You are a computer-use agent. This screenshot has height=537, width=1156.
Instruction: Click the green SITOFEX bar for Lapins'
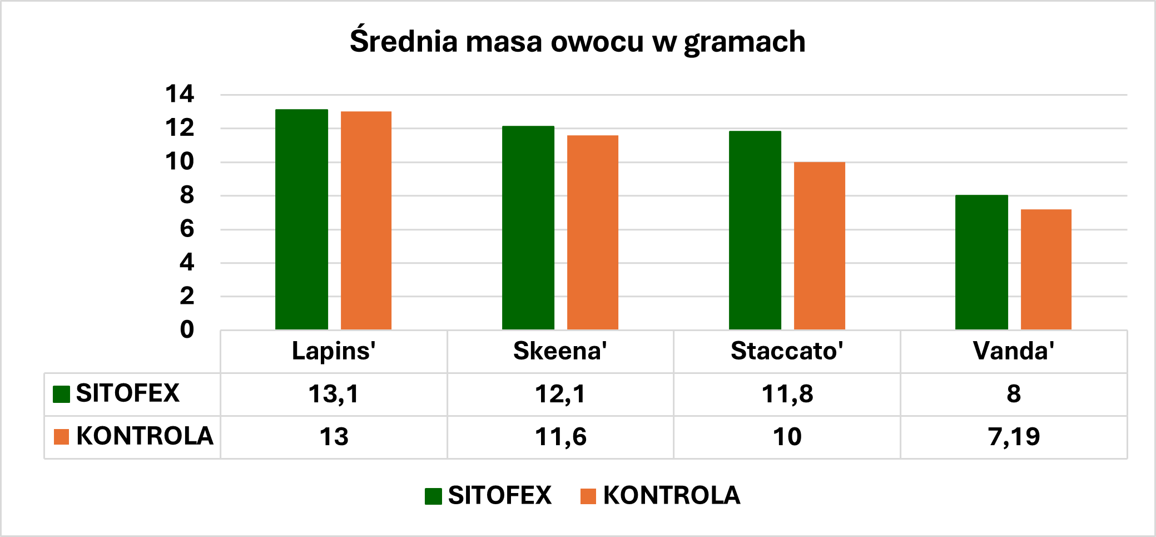(301, 219)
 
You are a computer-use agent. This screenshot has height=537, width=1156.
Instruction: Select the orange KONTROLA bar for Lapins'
(366, 220)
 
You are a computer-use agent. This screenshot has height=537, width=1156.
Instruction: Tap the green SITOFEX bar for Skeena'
(528, 228)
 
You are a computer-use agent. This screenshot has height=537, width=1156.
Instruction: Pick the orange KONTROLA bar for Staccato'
(819, 245)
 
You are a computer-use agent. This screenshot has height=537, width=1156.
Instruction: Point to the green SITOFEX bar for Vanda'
(981, 262)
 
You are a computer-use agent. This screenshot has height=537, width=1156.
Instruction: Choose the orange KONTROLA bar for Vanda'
(1046, 269)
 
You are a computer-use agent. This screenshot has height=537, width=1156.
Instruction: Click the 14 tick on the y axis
(180, 94)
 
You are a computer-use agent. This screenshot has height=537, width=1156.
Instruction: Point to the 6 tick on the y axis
(187, 229)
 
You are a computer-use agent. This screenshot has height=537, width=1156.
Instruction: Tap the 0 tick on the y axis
(187, 329)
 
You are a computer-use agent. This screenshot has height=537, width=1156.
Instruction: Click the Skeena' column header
(560, 351)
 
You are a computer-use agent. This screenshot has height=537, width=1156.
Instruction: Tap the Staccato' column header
(787, 351)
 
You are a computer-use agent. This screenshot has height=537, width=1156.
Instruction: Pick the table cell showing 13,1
(334, 394)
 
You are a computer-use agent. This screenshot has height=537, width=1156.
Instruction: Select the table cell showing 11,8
(787, 394)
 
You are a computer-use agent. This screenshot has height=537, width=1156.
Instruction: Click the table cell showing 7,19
(1014, 437)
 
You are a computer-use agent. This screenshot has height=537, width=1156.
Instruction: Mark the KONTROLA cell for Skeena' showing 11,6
(560, 437)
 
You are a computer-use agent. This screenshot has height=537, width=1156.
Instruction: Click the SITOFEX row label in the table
(127, 393)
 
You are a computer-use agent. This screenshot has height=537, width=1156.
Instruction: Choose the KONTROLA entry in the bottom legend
(671, 495)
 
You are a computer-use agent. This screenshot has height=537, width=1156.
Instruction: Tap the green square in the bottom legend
(433, 496)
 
